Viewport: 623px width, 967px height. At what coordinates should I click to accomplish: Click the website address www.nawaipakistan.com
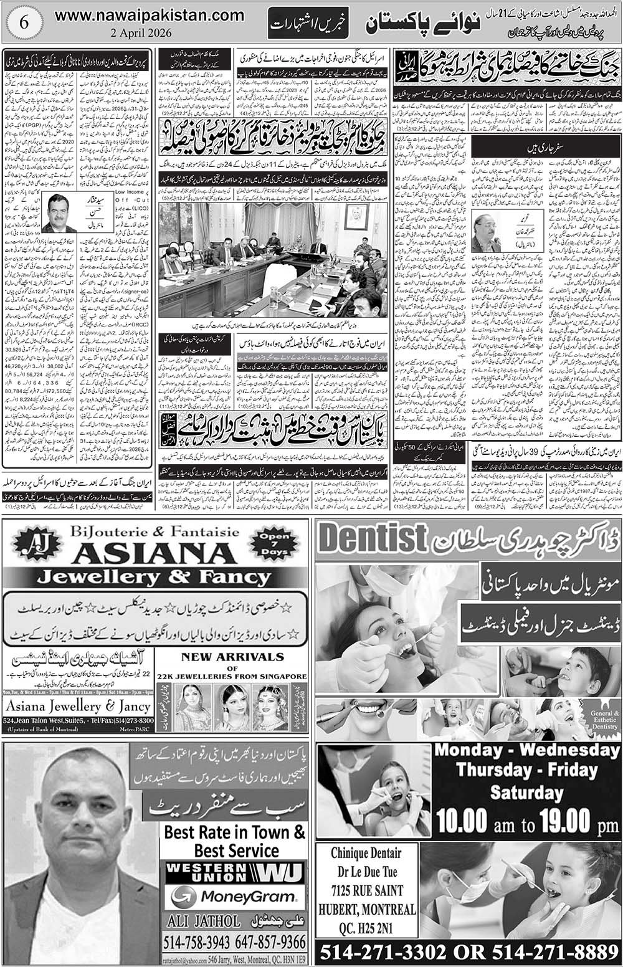tap(150, 14)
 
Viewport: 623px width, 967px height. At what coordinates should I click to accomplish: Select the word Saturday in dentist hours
tap(525, 793)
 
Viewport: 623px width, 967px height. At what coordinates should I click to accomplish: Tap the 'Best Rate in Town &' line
tap(235, 832)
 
